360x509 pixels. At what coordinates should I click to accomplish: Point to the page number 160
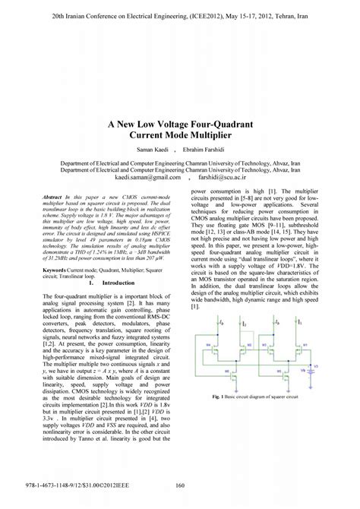click(180, 488)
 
